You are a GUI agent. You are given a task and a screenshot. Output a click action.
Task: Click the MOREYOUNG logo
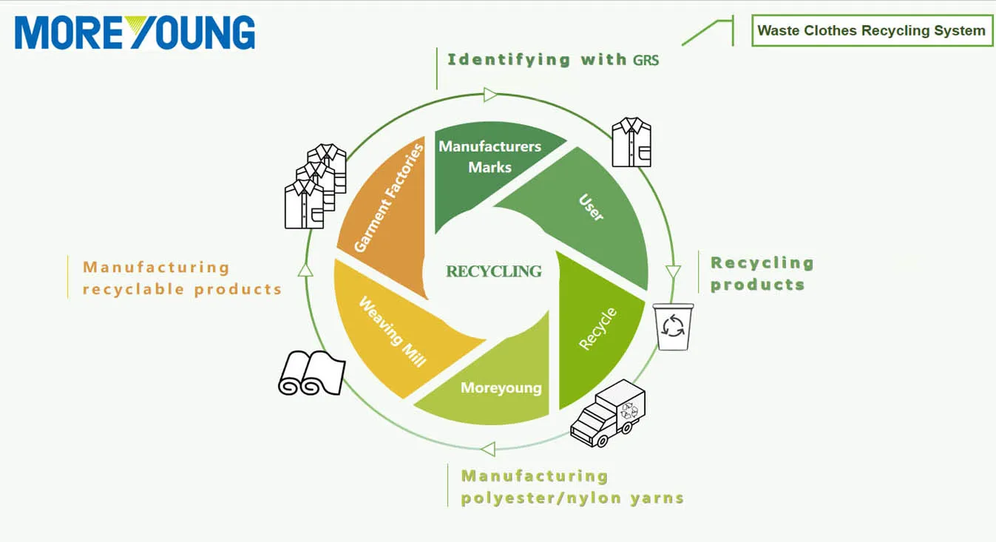coord(135,33)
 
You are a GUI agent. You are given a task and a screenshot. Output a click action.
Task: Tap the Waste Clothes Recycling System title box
coord(871,31)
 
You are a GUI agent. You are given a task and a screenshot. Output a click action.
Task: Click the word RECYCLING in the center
coord(494,271)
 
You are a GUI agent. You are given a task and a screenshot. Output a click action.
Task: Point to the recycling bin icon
coord(674,326)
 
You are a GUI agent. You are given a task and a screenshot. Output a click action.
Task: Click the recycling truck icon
coord(608,413)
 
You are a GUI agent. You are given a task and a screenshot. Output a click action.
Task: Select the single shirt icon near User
coord(631,142)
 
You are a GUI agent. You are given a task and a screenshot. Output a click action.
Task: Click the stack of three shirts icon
coord(316,186)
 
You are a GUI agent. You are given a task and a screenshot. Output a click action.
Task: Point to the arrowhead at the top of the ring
coord(490,95)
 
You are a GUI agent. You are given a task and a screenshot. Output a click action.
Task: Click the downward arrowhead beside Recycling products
coord(673,272)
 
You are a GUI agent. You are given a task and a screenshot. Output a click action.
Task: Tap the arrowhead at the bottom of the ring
coord(487,449)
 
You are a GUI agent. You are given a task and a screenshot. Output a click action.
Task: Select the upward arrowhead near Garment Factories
coord(305,269)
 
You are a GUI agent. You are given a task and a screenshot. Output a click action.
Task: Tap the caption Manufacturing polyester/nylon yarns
coord(572,487)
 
